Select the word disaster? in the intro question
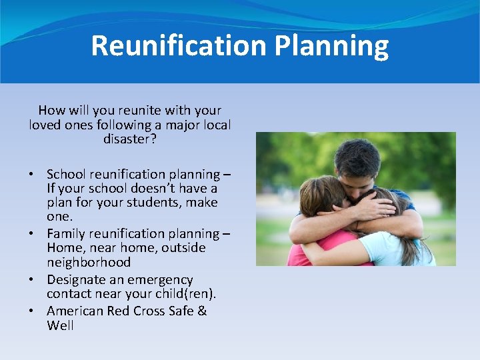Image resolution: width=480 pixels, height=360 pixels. coord(130,139)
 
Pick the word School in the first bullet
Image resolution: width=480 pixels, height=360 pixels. coord(66,174)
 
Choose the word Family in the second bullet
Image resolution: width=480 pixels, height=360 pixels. coord(67,233)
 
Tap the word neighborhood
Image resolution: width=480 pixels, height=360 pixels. coord(89,262)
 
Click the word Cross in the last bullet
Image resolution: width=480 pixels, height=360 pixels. coord(149,311)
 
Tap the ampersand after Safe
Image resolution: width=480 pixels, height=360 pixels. coord(202,311)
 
